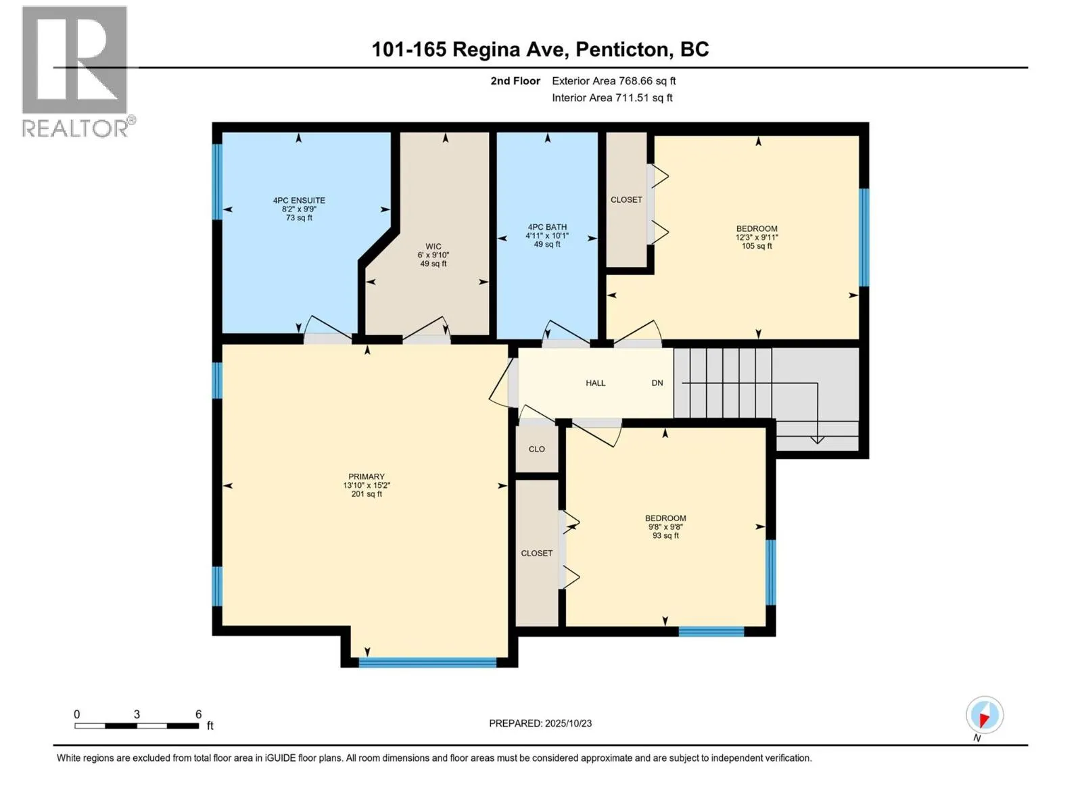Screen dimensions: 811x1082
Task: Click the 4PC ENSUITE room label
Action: coord(299,200)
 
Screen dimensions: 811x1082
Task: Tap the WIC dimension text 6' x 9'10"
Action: coord(433,255)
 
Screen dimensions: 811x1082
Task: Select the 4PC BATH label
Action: coord(547,227)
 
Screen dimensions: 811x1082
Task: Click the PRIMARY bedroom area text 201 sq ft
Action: coord(367,494)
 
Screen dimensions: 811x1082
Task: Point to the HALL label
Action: coord(595,383)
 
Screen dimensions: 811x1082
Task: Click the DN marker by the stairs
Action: coord(657,383)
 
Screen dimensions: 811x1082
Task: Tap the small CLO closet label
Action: coord(537,449)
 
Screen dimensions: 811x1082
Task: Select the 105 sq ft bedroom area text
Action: coord(757,246)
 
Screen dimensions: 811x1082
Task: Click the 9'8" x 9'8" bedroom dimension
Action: coord(665,527)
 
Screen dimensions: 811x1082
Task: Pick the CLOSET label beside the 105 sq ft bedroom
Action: coord(626,200)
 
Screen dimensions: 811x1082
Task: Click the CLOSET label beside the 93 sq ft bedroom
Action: coord(537,554)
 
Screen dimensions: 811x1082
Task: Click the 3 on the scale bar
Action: coord(137,714)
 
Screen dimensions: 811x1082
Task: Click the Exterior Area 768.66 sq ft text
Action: coord(613,81)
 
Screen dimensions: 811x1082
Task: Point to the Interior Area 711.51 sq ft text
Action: coord(612,98)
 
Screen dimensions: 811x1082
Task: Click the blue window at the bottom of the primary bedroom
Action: coord(427,662)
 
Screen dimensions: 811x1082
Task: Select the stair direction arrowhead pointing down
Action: coord(818,440)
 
